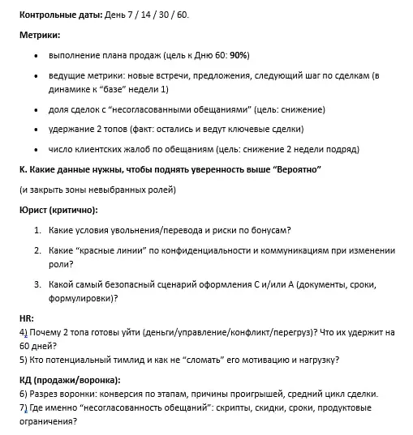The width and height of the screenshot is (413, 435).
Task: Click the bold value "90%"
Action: click(x=239, y=55)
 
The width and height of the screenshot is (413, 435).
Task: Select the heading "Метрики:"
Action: click(x=40, y=36)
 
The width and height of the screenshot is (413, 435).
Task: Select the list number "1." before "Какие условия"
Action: click(x=38, y=230)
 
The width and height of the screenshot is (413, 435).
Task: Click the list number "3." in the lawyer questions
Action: click(x=38, y=284)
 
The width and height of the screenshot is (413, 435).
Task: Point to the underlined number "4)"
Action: click(x=23, y=332)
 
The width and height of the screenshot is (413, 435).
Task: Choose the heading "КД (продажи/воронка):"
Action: click(x=69, y=380)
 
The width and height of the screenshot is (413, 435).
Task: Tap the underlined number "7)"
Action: click(x=23, y=407)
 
